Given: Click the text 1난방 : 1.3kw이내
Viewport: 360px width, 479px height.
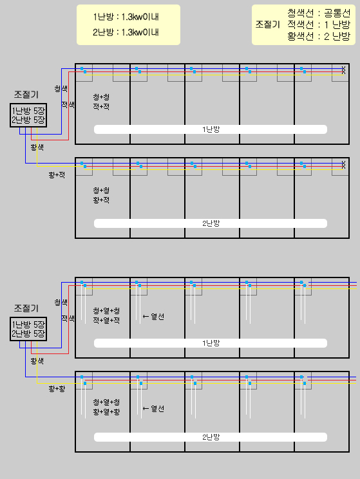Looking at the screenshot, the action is pos(126,17).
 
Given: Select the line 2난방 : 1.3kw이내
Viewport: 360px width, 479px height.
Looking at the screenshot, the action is pos(126,32).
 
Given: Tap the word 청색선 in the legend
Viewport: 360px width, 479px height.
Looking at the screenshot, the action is pos(300,13).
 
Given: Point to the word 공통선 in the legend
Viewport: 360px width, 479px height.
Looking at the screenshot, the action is pos(337,13).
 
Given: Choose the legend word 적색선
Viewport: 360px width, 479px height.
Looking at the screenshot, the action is pos(300,24).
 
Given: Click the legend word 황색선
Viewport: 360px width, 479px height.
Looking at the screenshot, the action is pos(300,36).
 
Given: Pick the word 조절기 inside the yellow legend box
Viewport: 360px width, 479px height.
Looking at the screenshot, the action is pos(268,24).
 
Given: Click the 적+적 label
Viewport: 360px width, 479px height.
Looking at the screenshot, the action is pos(101,107).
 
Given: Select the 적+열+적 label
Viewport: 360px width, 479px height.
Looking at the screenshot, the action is pos(106,320).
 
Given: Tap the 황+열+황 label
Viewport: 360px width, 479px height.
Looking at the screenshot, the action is pos(106,411).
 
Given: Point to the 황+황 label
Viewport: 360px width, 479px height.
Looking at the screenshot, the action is pos(57,389).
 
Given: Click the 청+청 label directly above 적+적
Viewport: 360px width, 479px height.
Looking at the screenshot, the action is pos(101,97).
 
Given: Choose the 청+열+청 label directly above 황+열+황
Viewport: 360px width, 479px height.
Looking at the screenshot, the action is pos(106,402).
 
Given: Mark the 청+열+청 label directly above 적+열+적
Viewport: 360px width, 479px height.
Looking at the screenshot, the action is pos(106,311).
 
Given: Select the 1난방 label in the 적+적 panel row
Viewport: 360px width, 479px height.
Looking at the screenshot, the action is pos(211,129).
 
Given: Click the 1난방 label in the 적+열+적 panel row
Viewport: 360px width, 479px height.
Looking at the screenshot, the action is pos(211,343).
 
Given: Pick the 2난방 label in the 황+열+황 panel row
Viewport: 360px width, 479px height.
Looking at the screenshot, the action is pos(211,437).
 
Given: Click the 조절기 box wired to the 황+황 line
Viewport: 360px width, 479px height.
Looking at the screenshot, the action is pos(28,329).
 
